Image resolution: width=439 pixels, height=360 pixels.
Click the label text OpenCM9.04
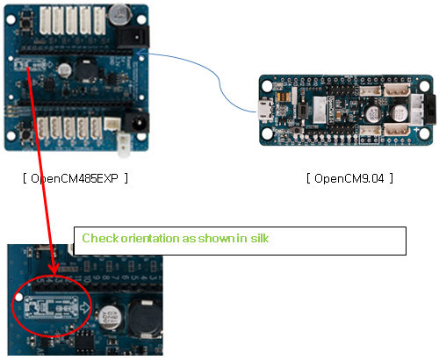point(348,178)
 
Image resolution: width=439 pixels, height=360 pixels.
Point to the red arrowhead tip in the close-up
point(53,273)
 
